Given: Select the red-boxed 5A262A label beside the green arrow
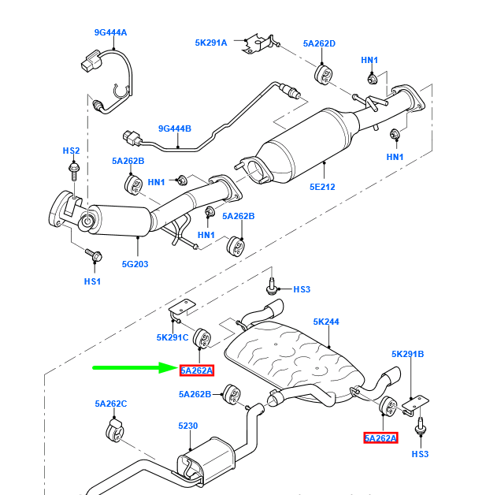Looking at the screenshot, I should [x=196, y=370].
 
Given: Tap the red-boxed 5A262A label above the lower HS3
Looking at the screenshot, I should [x=380, y=437].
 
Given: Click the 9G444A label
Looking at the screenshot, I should [x=110, y=32].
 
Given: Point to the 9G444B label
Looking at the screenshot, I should [x=175, y=128].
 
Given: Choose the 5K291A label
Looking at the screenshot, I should [x=210, y=43].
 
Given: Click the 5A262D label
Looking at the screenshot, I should [x=319, y=43].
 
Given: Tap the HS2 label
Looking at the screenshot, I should [x=72, y=150].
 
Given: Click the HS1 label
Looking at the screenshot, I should [x=92, y=281].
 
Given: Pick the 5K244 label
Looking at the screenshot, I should [x=325, y=322].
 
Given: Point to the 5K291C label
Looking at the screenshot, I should [x=173, y=338].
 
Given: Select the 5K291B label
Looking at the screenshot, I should [x=408, y=354].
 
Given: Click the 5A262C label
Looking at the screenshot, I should [x=111, y=404].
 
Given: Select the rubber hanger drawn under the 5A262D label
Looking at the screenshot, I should [x=323, y=75].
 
